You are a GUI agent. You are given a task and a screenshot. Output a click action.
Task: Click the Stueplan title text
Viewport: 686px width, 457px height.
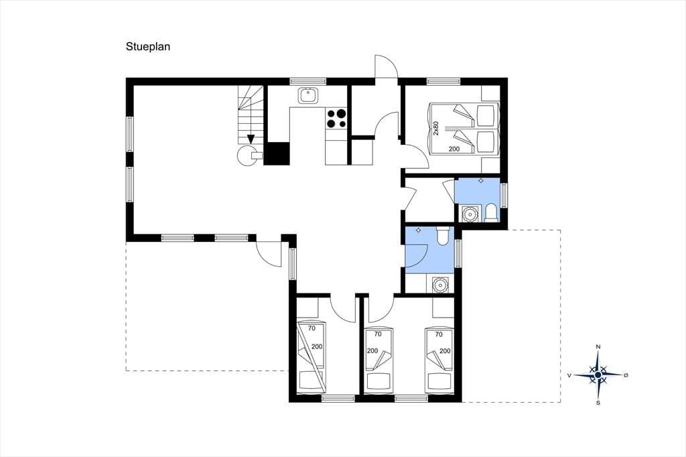(x=148, y=47)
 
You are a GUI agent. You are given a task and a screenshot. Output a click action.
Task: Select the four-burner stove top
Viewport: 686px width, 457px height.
(x=336, y=119)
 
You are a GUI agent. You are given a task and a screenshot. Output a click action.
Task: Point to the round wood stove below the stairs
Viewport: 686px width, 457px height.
(x=247, y=155)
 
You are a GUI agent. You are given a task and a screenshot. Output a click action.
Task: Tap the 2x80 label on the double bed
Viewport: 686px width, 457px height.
(x=435, y=128)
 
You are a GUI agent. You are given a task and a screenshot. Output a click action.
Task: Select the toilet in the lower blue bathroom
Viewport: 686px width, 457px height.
(x=442, y=235)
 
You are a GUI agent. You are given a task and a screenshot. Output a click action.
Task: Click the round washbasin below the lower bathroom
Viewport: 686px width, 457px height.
(x=439, y=285)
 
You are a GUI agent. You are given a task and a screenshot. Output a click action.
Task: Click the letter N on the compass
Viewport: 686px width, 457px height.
(x=598, y=347)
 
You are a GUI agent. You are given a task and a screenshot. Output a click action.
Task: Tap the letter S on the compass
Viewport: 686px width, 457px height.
(x=598, y=403)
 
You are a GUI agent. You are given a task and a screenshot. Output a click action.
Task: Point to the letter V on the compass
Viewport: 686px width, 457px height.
(x=569, y=375)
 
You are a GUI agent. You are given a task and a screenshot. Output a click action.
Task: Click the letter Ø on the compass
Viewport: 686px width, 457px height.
(x=626, y=375)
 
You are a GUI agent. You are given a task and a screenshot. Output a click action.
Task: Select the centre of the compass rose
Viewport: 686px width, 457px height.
(x=598, y=375)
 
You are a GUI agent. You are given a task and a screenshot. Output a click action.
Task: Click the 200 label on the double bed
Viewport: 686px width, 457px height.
(x=454, y=149)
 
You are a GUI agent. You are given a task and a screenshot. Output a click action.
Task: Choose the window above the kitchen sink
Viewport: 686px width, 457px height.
(x=308, y=81)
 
